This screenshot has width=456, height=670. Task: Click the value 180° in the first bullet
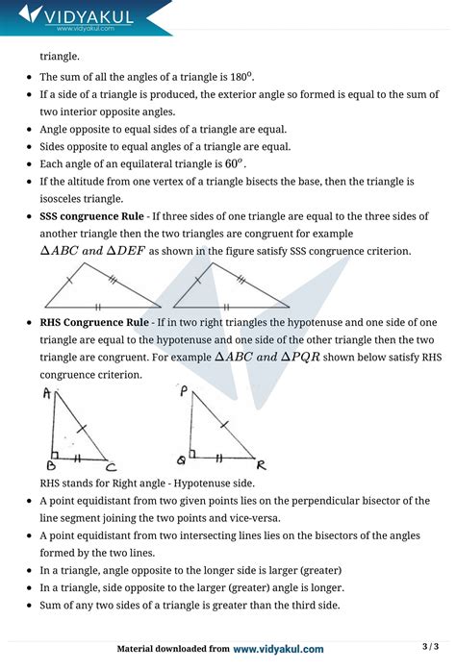pos(240,77)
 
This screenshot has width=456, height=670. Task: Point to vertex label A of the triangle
pos(47,393)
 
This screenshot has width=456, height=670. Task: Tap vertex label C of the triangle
pos(113,468)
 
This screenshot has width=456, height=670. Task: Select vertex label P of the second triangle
pos(183,391)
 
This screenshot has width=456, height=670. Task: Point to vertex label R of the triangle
pos(261,465)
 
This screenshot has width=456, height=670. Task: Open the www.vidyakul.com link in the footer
pos(278,649)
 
